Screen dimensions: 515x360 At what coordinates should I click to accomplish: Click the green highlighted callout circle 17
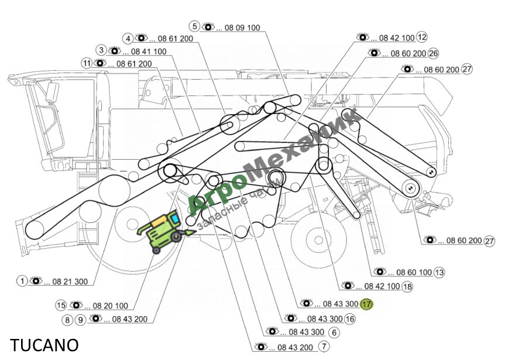(366, 304)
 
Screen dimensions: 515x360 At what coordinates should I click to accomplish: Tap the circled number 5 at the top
(194, 26)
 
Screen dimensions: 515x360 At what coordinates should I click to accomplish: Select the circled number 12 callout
(422, 37)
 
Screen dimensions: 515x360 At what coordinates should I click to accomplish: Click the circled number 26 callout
(434, 53)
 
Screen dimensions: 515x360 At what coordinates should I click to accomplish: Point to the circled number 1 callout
(22, 281)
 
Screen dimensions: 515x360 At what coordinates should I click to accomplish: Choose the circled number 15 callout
(61, 305)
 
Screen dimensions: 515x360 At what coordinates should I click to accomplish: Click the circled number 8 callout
(67, 320)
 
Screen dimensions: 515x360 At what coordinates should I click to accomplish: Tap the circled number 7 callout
(324, 346)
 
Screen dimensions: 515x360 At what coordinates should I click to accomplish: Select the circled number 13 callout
(439, 272)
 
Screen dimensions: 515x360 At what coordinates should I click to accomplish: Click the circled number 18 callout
(407, 286)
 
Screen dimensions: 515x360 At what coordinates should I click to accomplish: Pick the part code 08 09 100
(242, 28)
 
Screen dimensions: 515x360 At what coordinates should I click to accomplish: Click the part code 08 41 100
(149, 52)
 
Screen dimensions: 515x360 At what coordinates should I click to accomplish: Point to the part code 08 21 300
(70, 282)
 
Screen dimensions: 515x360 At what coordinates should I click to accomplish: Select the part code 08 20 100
(111, 306)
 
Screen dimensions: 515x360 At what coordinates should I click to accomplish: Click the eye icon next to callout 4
(141, 38)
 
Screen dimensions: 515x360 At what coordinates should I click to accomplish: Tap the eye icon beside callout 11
(100, 63)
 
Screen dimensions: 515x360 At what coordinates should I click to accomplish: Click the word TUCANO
(44, 345)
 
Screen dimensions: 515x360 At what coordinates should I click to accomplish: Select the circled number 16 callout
(350, 318)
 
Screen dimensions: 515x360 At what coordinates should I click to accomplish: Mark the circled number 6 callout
(334, 332)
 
